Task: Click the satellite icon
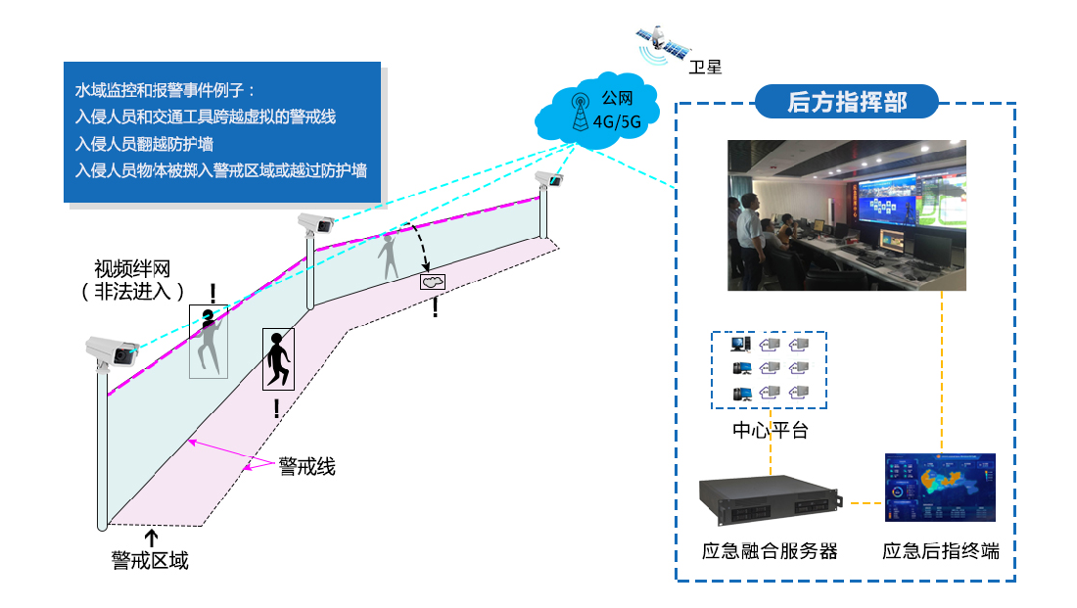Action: click(x=660, y=40)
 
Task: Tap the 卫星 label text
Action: click(x=705, y=67)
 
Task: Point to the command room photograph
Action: click(x=847, y=215)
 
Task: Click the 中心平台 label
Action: click(x=771, y=430)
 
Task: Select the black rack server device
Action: click(x=770, y=498)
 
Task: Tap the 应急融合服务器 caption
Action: click(x=770, y=551)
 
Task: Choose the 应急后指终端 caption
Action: click(x=940, y=551)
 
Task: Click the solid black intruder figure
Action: click(x=277, y=359)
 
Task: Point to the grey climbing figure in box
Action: click(x=208, y=341)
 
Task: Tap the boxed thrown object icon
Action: click(x=433, y=281)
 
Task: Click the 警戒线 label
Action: click(x=306, y=466)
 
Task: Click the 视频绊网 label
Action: click(x=134, y=279)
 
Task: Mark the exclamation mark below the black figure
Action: click(x=277, y=408)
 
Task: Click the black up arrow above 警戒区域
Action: click(x=151, y=536)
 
